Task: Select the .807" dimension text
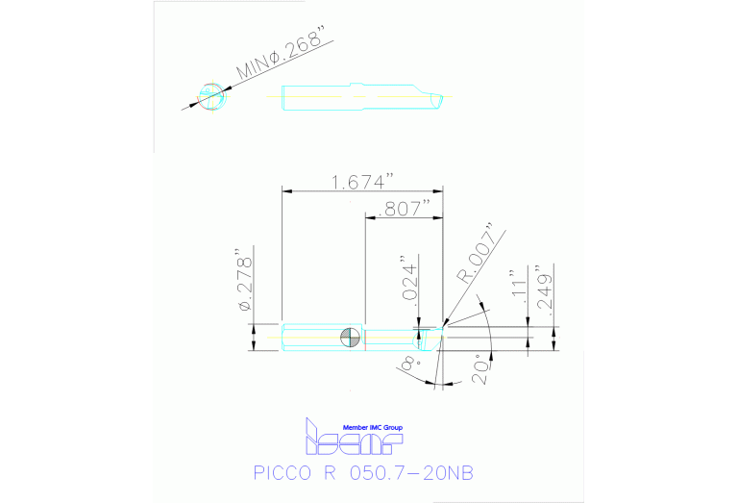405,209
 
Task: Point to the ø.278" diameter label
246,283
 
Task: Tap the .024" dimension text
407,281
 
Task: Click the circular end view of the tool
210,96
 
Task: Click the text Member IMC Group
373,427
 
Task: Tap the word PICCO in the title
283,474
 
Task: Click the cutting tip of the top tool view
440,98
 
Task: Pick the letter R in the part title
333,474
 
